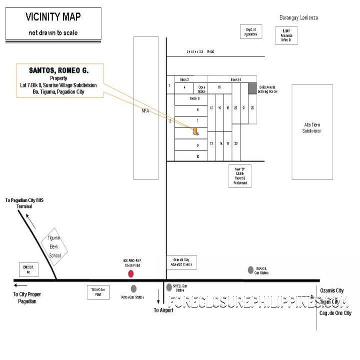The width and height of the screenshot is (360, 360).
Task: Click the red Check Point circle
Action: tap(131, 273)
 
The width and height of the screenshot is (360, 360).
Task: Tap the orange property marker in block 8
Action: tap(195, 131)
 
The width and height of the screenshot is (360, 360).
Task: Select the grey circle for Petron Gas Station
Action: tap(133, 288)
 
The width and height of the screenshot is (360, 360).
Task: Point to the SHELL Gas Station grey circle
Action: tap(169, 287)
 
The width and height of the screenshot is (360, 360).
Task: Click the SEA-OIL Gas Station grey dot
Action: tap(250, 270)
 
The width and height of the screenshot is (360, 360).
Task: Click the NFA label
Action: tap(146, 111)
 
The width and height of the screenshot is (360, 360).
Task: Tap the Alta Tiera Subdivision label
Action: tap(312, 127)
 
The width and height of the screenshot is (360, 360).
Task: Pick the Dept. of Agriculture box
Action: tap(250, 32)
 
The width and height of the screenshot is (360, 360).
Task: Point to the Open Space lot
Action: tap(202, 88)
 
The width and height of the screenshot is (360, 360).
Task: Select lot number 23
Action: tap(235, 143)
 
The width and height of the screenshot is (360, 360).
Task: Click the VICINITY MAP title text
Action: tap(52, 17)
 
